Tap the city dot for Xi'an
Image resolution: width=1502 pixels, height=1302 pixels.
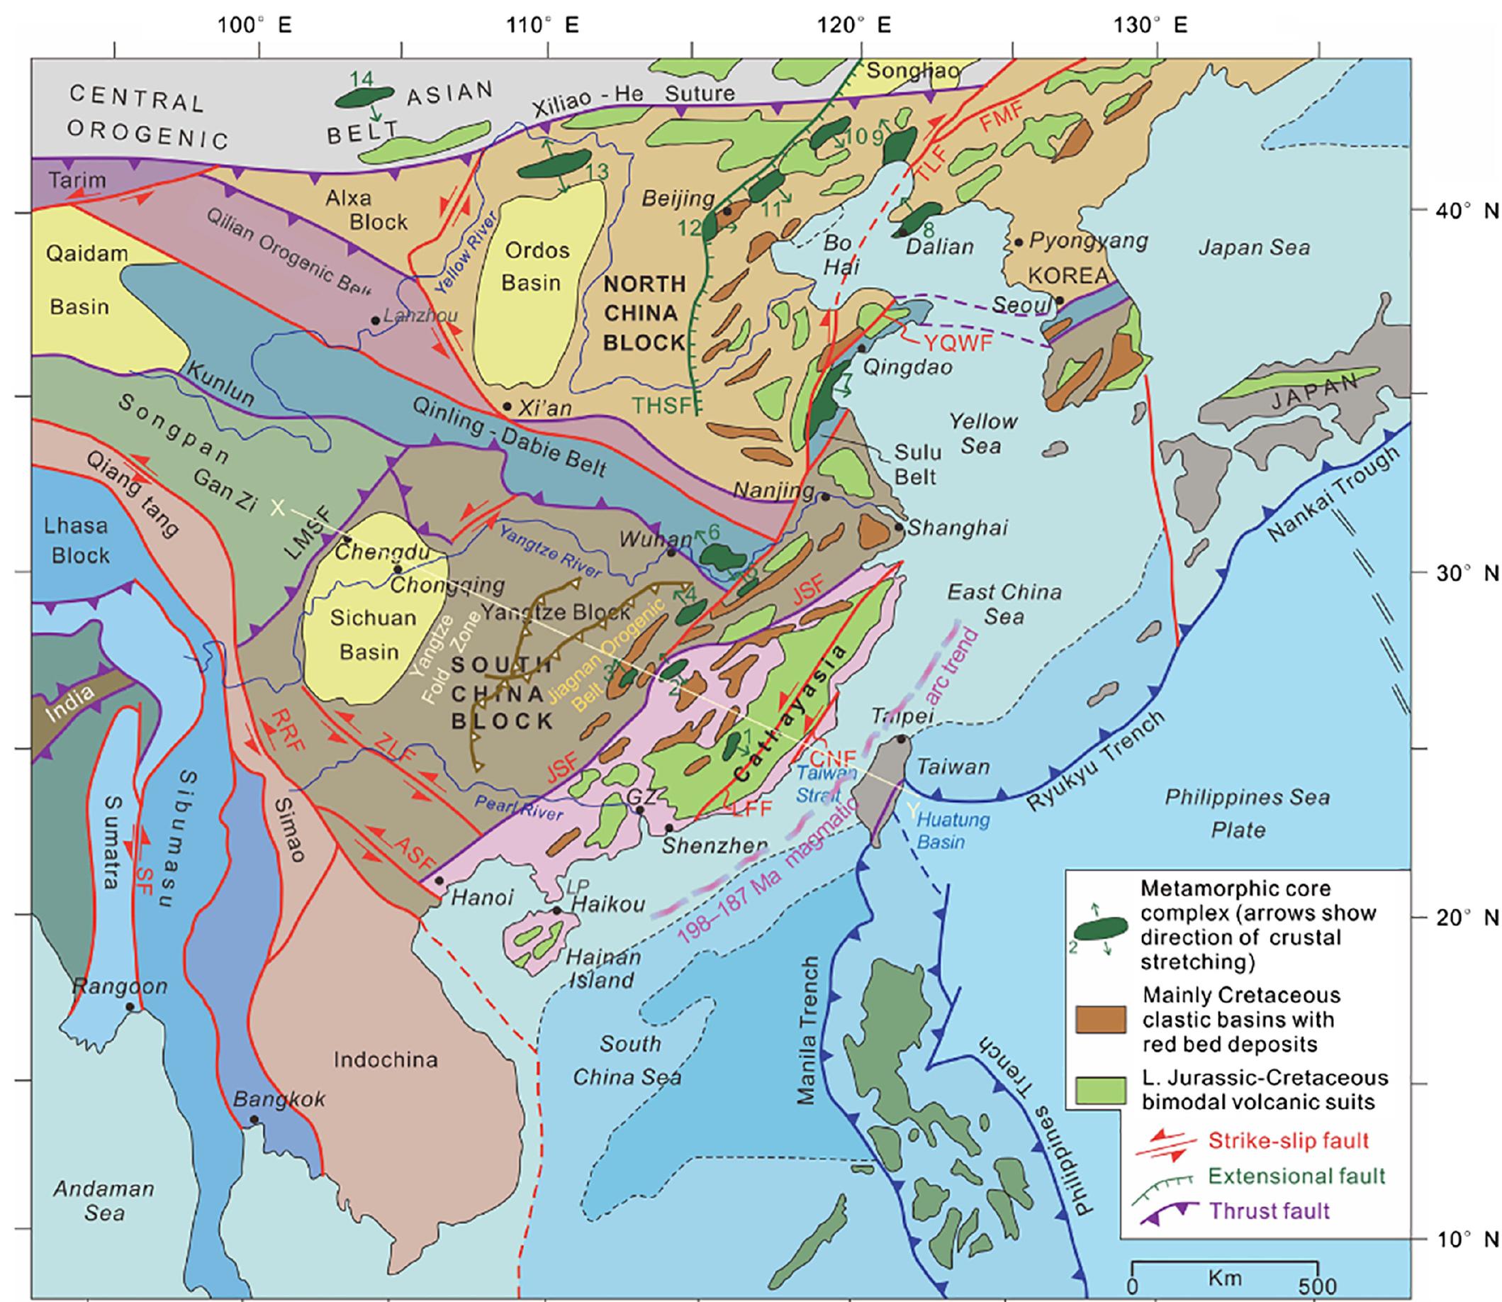[x=507, y=406]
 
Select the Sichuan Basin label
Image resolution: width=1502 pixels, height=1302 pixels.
[x=372, y=634]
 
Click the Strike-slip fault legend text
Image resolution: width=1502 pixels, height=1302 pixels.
[x=1288, y=1140]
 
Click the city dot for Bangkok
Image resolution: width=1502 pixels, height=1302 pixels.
[x=254, y=1119]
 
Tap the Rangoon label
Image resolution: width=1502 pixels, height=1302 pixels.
[x=120, y=986]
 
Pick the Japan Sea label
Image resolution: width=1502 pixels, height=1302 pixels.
[x=1254, y=248]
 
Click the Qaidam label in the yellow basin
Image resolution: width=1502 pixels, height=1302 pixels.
[x=86, y=254]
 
